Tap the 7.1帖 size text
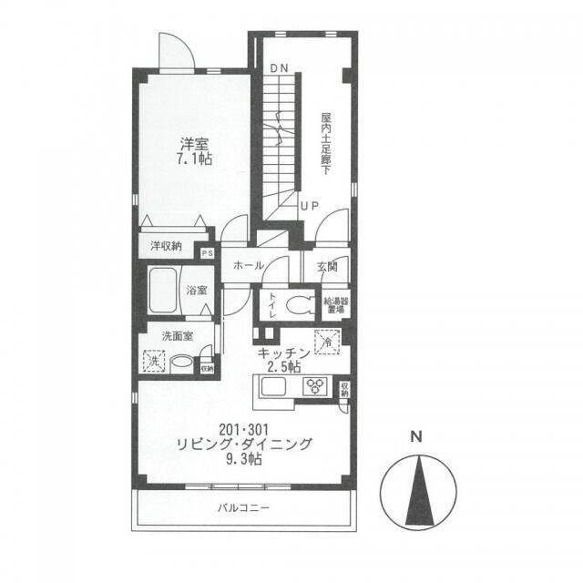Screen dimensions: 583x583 [x=193, y=159]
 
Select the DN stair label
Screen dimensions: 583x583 [x=278, y=69]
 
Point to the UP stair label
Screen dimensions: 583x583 [x=310, y=206]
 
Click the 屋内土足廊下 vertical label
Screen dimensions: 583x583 [x=325, y=144]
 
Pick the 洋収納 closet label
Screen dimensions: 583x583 [x=165, y=245]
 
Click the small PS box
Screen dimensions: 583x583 [x=208, y=254]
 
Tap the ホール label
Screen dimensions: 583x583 [x=249, y=265]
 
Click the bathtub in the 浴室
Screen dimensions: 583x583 [x=161, y=291]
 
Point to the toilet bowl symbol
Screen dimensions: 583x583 [x=299, y=304]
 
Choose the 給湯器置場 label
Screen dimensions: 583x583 [x=335, y=303]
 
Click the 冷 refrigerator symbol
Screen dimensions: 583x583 [x=327, y=342]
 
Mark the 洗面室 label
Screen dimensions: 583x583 [x=177, y=335]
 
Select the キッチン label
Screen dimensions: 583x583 [x=283, y=353]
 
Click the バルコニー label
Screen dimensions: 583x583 [x=242, y=507]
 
